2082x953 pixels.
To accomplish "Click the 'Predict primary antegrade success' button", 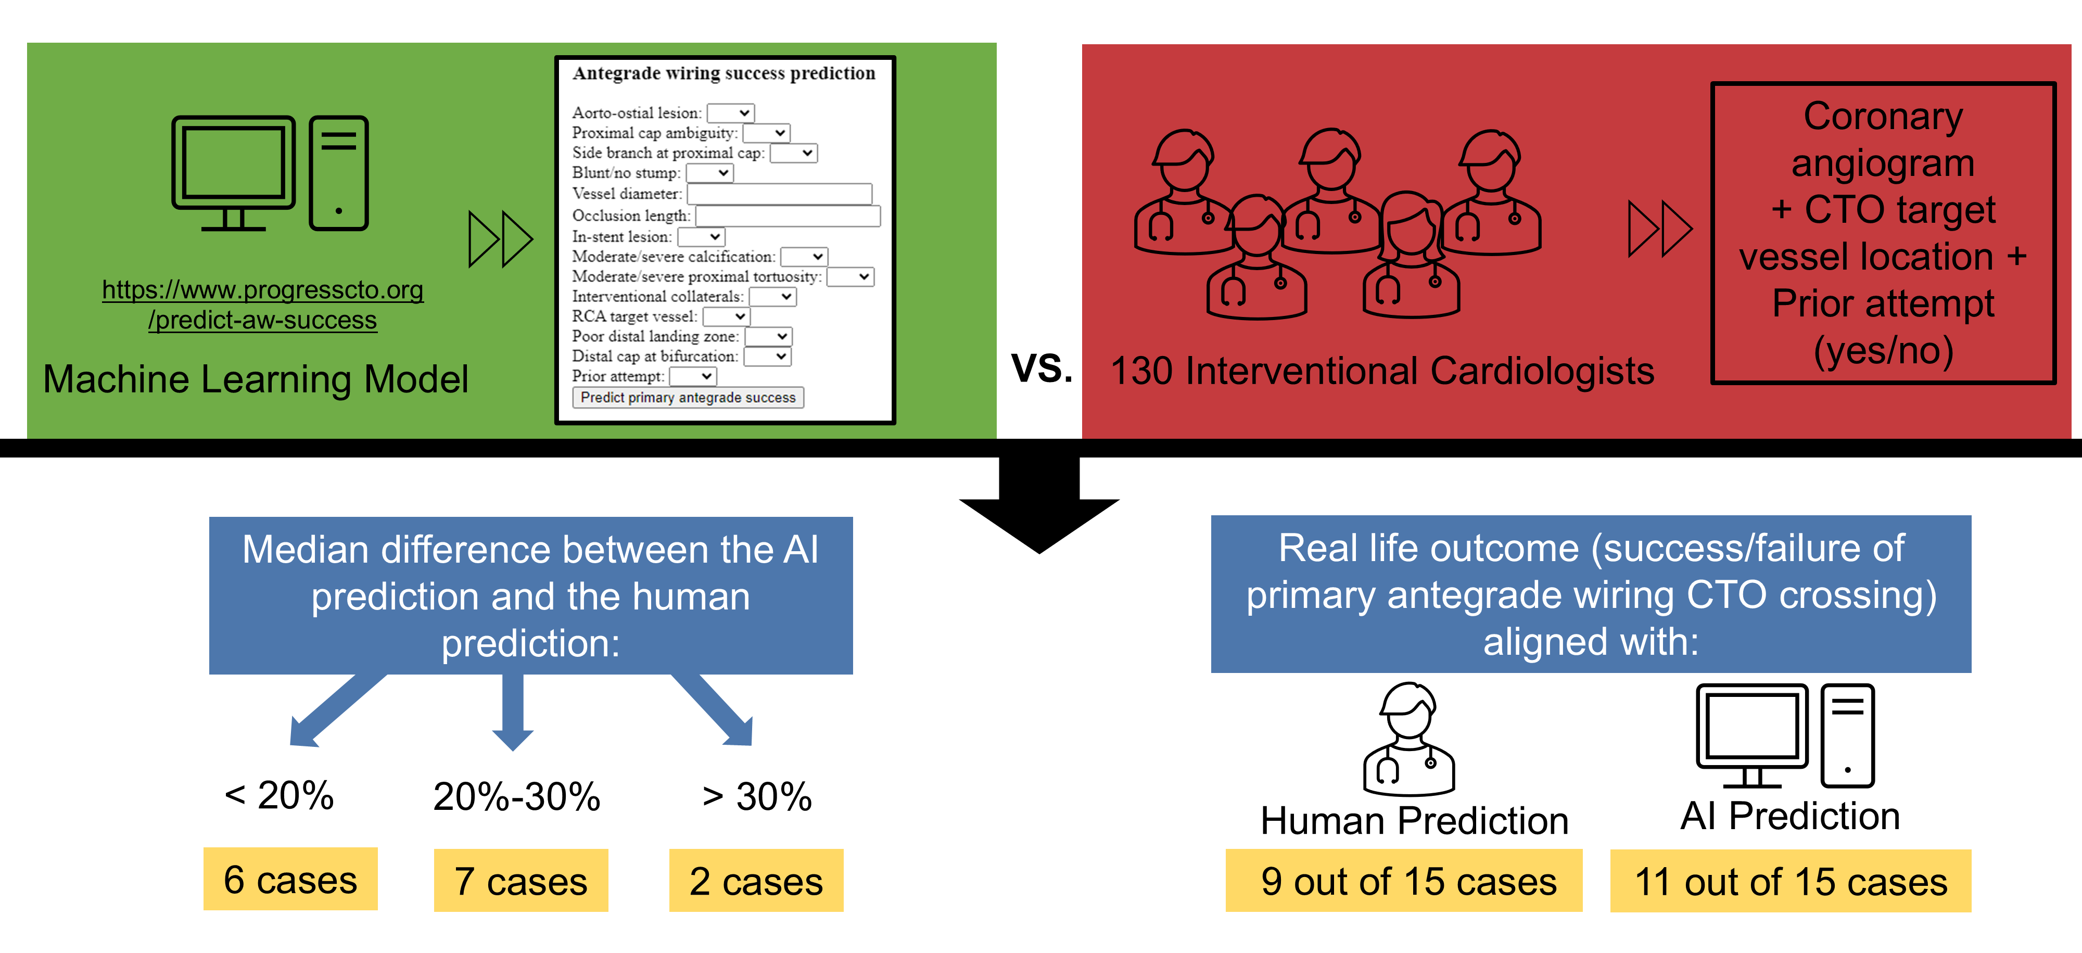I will point(688,397).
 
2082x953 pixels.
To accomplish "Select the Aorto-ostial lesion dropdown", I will point(731,113).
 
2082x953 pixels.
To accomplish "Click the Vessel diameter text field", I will point(779,194).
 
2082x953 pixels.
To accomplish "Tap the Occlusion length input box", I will point(787,216).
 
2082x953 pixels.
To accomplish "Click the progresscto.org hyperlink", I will point(263,304).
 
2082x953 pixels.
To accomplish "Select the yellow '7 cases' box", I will point(520,880).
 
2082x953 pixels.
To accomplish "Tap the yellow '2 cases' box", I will point(756,880).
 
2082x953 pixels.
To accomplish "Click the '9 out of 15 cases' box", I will point(1403,880).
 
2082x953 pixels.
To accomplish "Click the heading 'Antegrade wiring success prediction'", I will point(723,73).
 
